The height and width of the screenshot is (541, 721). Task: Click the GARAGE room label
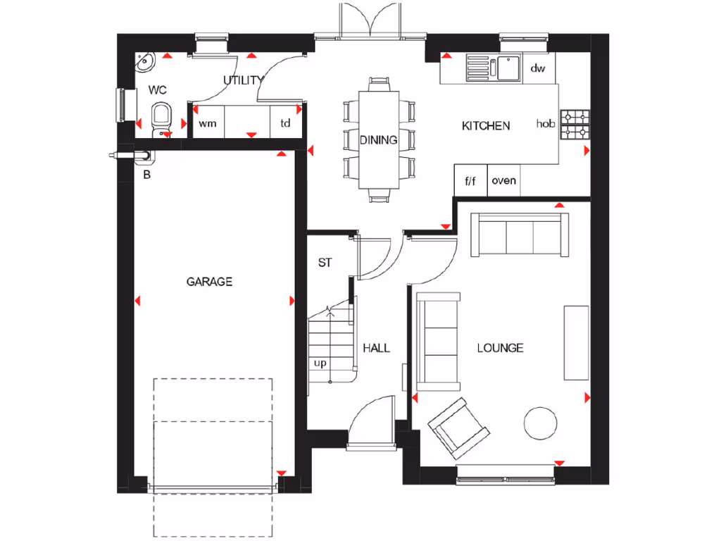[x=209, y=282]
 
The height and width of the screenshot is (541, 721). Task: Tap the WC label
[x=157, y=90]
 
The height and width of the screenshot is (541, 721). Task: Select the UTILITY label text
[x=243, y=80]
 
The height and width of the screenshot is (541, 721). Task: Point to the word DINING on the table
[x=379, y=140]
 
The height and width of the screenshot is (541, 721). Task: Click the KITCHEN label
[x=485, y=126]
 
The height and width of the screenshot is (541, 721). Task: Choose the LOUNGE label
[x=500, y=348]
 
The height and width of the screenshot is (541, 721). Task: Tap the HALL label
[x=376, y=348]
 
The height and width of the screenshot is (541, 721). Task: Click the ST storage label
[x=325, y=263]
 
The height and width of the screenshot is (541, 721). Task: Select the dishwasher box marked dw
[x=538, y=68]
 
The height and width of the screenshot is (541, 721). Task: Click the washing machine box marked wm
[x=206, y=123]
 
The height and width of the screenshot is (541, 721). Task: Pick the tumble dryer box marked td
[x=286, y=123]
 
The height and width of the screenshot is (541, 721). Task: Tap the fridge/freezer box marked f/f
[x=470, y=181]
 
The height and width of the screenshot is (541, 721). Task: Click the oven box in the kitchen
[x=503, y=181]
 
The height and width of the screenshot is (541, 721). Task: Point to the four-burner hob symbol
[x=575, y=124]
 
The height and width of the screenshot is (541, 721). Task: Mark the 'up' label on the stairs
[x=320, y=363]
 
